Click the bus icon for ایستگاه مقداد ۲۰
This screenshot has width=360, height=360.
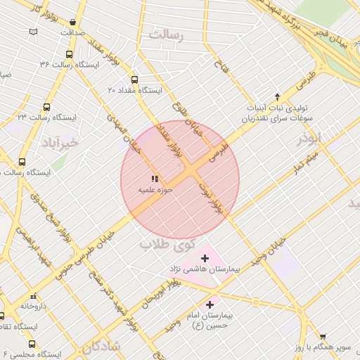[134, 79]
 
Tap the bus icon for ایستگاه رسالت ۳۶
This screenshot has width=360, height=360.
[69, 54]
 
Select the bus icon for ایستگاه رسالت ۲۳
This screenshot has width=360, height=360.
[46, 108]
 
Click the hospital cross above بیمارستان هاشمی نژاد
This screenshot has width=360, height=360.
[205, 259]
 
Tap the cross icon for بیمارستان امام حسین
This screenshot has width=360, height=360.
[210, 304]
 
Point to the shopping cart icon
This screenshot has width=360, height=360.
[323, 337]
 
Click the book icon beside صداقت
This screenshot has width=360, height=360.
[34, 32]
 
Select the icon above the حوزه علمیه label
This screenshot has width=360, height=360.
[154, 179]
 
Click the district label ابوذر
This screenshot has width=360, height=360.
[309, 138]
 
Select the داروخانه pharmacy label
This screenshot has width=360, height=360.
[32, 306]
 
